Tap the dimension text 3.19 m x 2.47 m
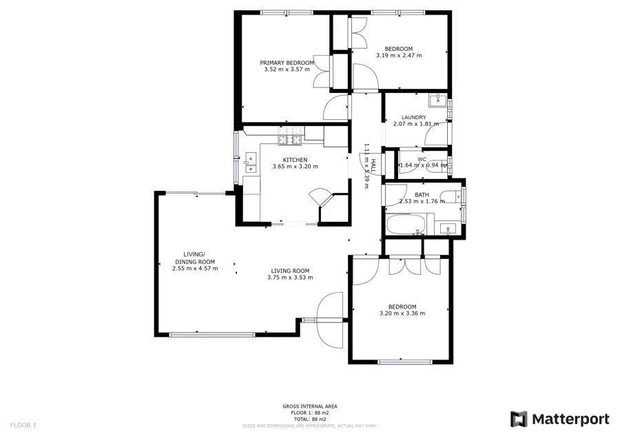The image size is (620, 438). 399,55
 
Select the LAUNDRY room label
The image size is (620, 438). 414,117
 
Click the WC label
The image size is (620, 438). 422,159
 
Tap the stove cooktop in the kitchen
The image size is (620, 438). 290,140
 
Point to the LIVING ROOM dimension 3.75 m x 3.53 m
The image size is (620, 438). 290,278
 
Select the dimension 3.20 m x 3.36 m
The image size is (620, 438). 402,313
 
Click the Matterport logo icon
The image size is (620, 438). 519,419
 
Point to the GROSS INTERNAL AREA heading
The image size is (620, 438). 309,406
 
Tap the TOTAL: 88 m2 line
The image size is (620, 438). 309,419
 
